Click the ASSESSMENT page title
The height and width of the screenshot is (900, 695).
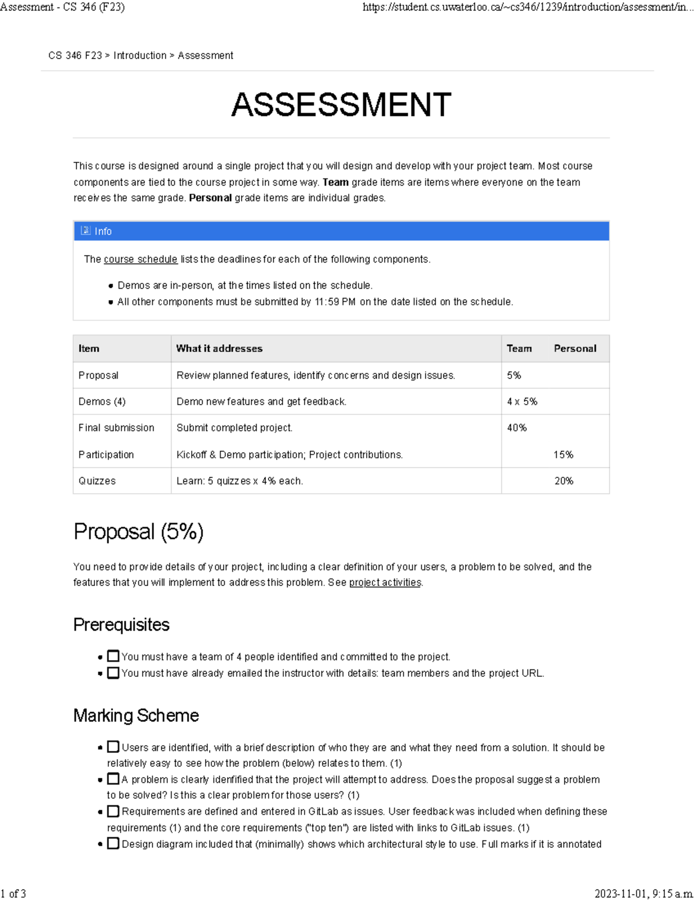[x=341, y=105]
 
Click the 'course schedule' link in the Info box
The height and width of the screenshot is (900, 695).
[x=140, y=259]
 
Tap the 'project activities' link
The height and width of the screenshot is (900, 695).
[x=385, y=582]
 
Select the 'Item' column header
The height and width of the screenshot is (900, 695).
[x=89, y=348]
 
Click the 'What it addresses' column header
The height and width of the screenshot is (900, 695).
[x=219, y=348]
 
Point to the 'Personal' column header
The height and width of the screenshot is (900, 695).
[x=575, y=348]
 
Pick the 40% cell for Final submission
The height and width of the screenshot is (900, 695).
[x=517, y=428]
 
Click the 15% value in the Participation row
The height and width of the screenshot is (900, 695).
[x=563, y=455]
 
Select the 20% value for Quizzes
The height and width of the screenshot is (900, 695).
[x=564, y=481]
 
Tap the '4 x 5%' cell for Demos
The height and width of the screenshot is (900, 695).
[x=522, y=402]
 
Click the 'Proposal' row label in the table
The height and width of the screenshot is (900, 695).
[x=98, y=376]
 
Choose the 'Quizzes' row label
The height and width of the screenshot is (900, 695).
[x=97, y=481]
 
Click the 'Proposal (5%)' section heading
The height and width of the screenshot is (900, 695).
[x=138, y=531]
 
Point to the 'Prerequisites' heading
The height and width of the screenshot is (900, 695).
[x=121, y=625]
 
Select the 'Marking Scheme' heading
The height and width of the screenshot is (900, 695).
[x=136, y=716]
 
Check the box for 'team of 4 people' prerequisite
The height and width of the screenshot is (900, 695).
[x=114, y=656]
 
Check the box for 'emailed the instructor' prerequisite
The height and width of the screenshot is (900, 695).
[x=114, y=673]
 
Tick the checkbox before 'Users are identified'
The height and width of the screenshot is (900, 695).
[x=114, y=747]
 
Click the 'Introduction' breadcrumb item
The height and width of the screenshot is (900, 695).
[x=140, y=56]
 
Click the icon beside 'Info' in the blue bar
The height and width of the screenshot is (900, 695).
[x=85, y=231]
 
